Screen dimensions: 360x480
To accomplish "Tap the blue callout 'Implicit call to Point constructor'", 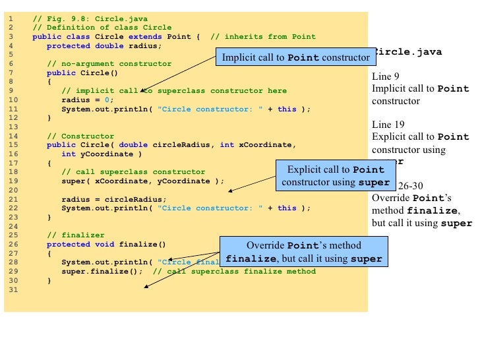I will (x=295, y=57).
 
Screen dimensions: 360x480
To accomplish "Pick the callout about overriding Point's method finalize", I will (x=303, y=252).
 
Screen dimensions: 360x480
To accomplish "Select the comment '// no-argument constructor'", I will (x=109, y=64).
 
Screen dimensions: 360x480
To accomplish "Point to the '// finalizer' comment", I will (x=73, y=235).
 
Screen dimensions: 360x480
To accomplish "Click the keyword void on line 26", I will (x=106, y=243).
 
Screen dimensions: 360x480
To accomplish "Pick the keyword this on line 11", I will (x=287, y=109).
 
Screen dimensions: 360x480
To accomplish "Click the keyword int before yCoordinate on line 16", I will (x=69, y=154).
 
